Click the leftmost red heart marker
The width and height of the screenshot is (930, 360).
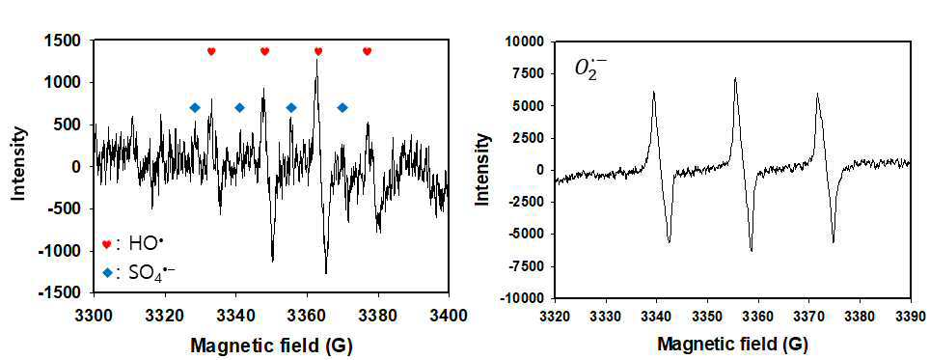[211, 51]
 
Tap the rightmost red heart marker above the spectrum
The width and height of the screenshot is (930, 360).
[367, 51]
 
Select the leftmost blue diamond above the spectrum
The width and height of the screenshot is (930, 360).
[195, 107]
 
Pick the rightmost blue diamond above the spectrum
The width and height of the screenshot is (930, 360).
[342, 107]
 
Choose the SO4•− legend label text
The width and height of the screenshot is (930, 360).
[151, 272]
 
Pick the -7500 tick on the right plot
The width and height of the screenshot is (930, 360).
[532, 265]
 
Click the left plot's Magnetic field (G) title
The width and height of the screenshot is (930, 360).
[272, 345]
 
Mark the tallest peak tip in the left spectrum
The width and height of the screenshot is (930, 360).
[316, 59]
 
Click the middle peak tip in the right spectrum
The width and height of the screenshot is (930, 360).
[735, 77]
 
